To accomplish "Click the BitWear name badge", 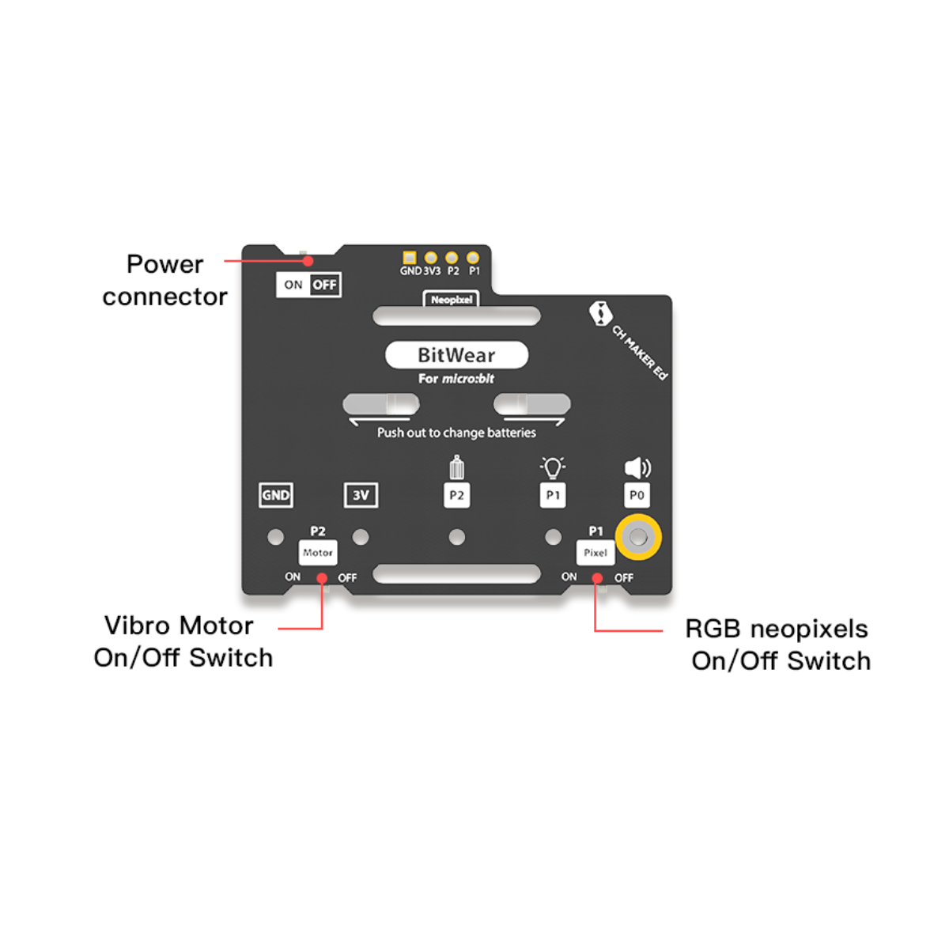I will point(456,355).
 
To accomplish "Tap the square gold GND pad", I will point(410,258).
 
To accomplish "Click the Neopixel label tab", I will point(452,300).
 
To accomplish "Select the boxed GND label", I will point(276,495).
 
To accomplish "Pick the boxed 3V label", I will point(361,495).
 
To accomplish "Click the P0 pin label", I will point(637,495).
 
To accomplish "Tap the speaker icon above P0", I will point(637,468).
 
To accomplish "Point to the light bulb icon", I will point(553,467).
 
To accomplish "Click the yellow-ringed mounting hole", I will point(638,538).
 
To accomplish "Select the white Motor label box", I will point(318,553).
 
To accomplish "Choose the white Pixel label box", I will point(595,553).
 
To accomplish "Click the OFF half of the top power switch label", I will point(324,285).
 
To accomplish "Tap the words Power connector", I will point(164,280).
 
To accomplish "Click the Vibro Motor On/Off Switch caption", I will point(183,641).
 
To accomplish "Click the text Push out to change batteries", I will point(456,433).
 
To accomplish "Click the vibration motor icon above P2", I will point(456,468).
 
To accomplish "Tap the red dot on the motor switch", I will point(322,579).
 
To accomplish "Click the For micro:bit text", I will point(456,379).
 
